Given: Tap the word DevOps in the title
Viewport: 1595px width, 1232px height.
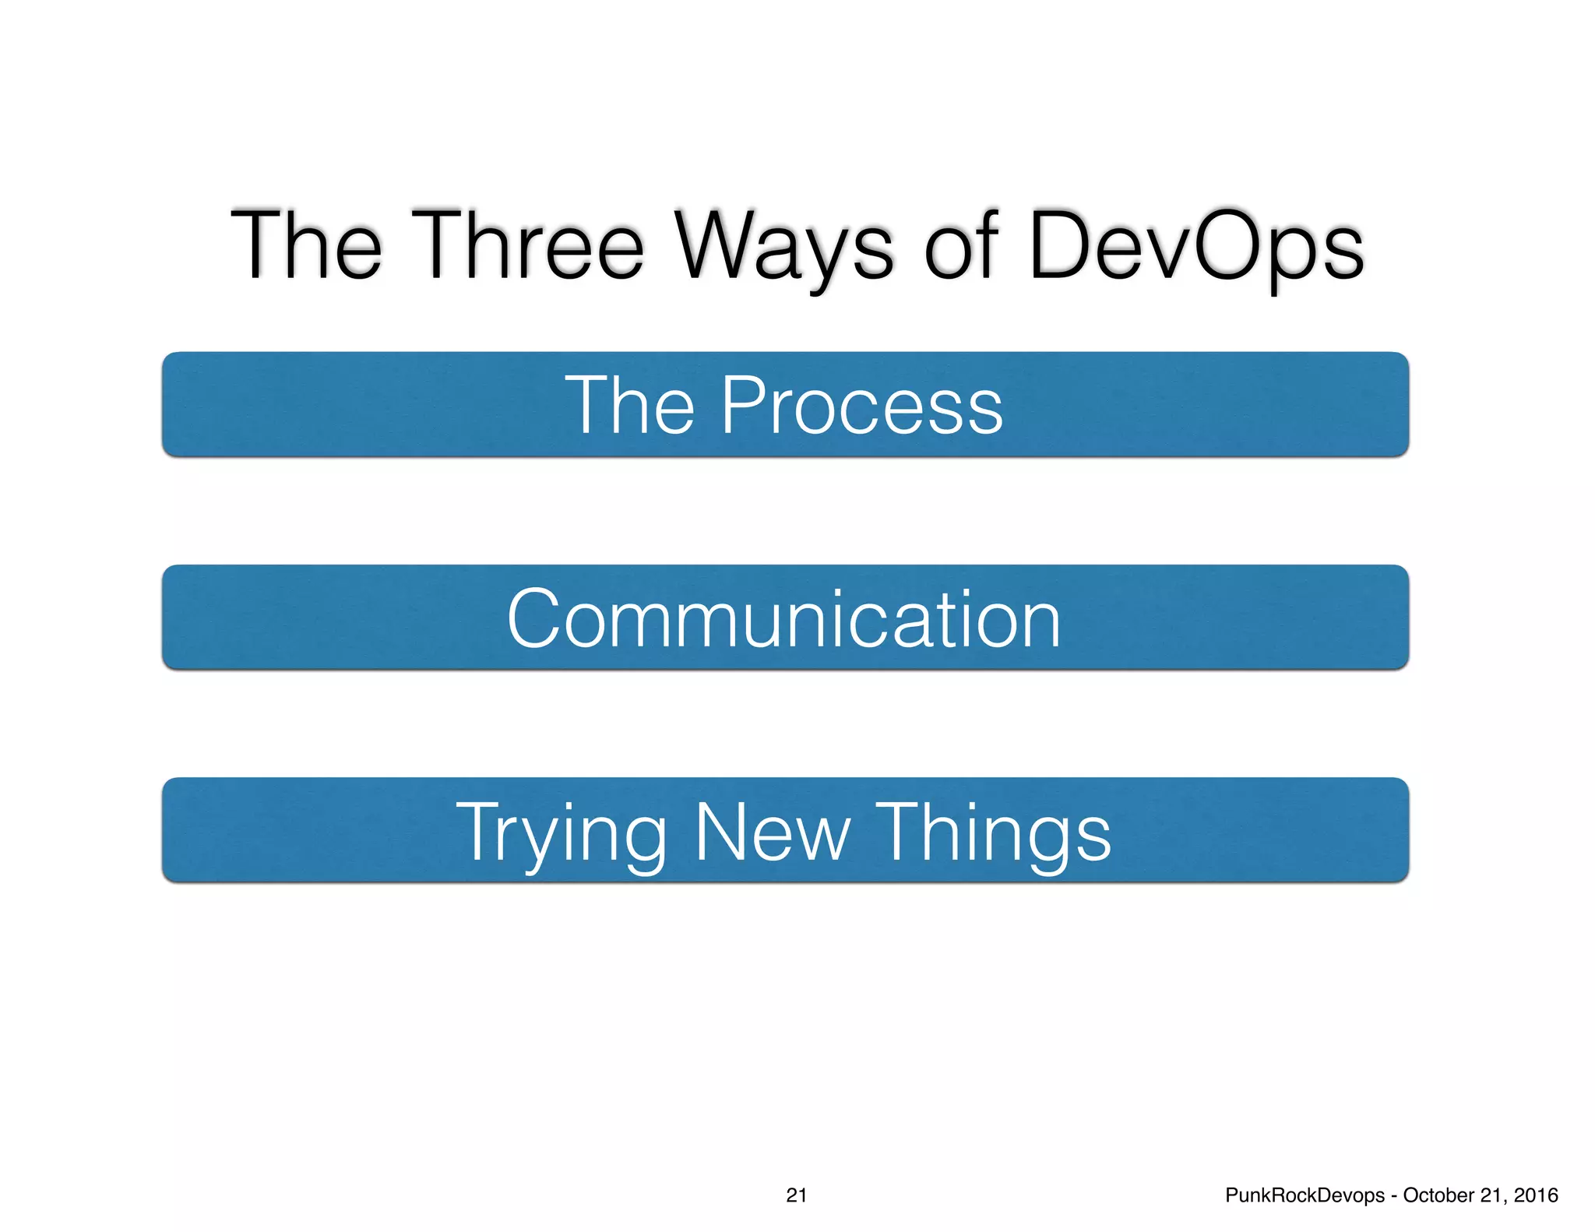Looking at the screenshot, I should point(1195,248).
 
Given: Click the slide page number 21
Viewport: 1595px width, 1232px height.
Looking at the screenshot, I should point(796,1195).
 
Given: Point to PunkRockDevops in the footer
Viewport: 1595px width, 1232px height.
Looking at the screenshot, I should point(1305,1195).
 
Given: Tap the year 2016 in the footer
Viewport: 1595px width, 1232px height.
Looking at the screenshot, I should point(1536,1195).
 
